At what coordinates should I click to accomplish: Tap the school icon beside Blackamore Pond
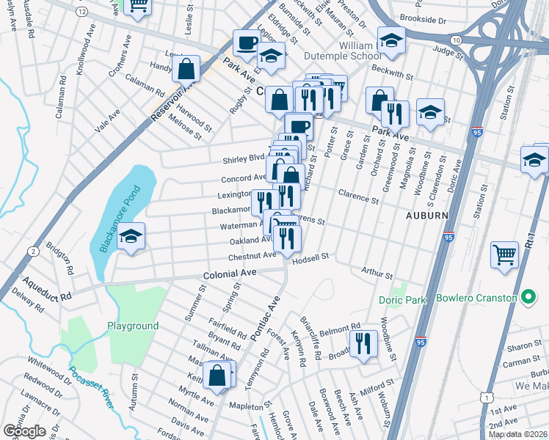click(131, 238)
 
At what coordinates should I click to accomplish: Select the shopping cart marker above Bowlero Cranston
click(504, 257)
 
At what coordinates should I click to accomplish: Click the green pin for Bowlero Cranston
click(527, 298)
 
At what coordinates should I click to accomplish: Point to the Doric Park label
click(401, 300)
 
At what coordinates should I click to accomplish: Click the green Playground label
click(133, 326)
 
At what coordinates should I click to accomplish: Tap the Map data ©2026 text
click(518, 434)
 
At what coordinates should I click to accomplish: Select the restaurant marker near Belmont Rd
click(363, 343)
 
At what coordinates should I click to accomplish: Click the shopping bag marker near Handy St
click(186, 70)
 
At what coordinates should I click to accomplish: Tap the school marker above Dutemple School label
click(391, 41)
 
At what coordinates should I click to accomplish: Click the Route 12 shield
click(81, 12)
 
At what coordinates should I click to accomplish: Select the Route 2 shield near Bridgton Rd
click(34, 252)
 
